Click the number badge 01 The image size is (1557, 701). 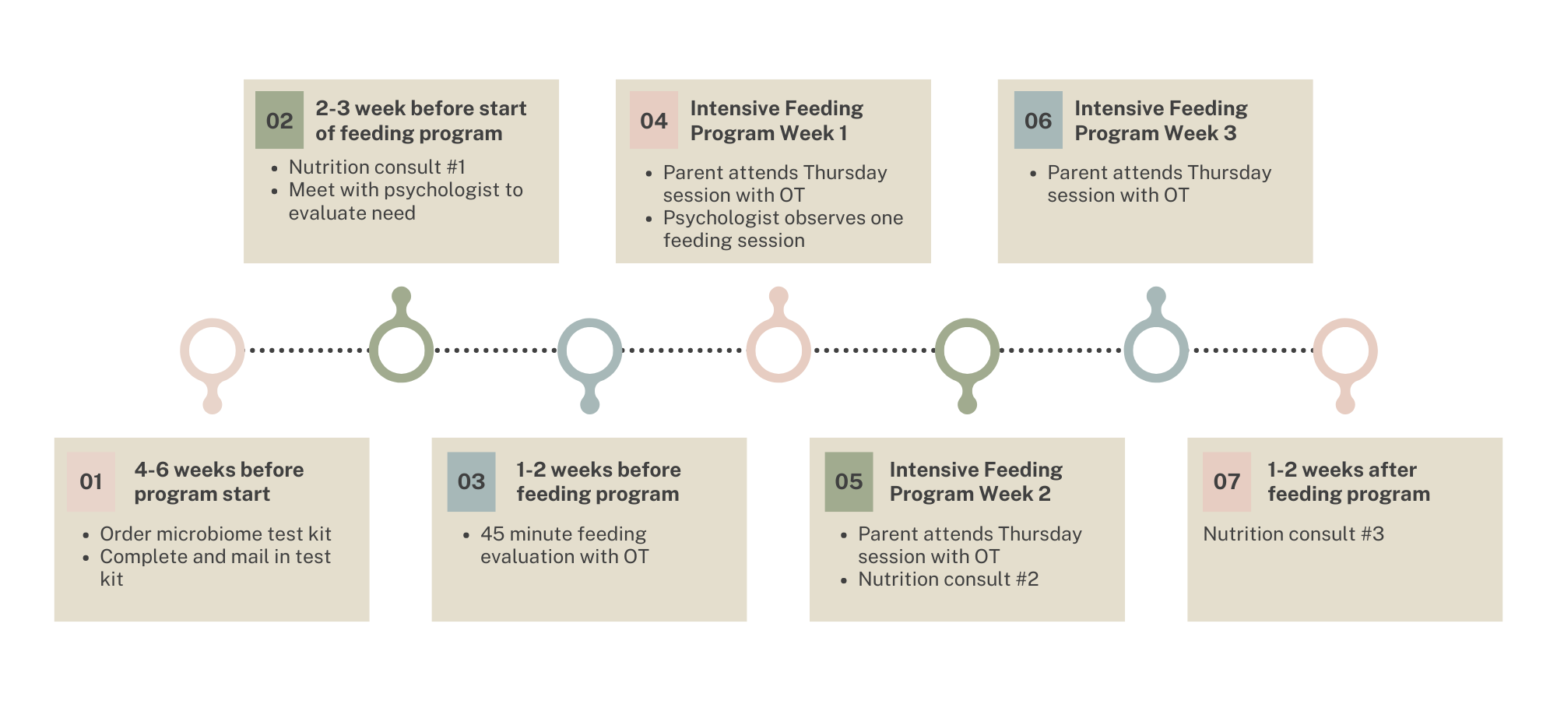(91, 481)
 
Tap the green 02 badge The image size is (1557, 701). (279, 120)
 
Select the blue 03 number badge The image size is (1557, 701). (471, 481)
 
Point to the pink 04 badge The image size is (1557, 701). (654, 120)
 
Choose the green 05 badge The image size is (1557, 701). (849, 481)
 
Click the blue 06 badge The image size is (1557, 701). (1038, 120)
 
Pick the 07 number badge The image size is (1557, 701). (1227, 481)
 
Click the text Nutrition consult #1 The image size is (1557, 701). (377, 167)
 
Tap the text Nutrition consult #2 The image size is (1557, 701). (948, 579)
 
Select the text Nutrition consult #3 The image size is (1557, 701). (1294, 534)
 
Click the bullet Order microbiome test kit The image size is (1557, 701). (216, 534)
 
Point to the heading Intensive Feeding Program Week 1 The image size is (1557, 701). (776, 121)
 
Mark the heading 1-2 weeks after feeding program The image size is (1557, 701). (1348, 481)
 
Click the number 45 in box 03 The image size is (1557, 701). (492, 534)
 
